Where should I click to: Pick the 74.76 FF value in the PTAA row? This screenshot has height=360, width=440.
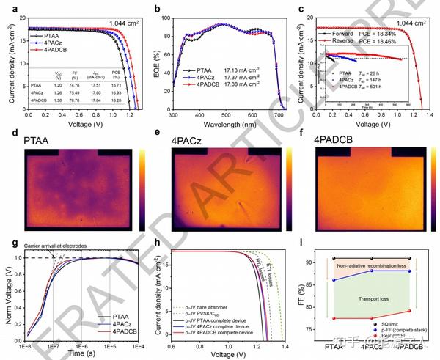(73, 86)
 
